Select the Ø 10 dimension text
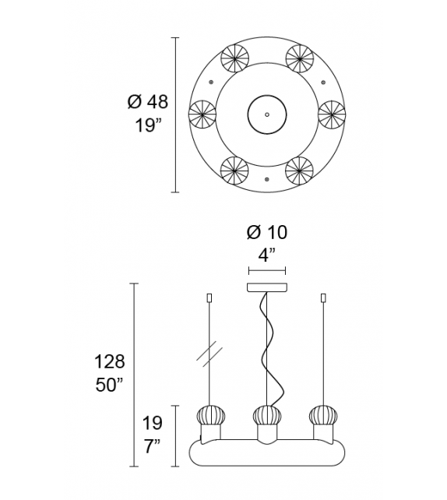[267, 233]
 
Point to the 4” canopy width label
[267, 255]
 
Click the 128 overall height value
[110, 362]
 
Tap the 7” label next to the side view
[153, 445]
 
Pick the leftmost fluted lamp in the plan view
[202, 114]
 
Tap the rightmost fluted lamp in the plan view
[332, 114]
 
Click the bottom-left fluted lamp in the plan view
[233, 170]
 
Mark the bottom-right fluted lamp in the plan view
[299, 170]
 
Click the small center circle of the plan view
[266, 114]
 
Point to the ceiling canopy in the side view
[266, 287]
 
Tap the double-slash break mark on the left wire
[209, 354]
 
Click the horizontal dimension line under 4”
[267, 271]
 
